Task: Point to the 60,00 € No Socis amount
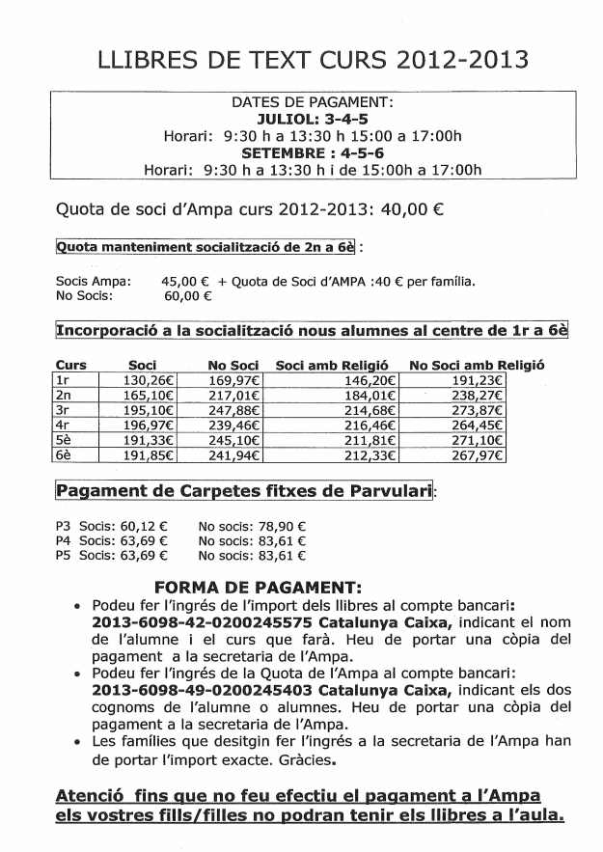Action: [x=186, y=297]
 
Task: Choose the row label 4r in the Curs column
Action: [x=64, y=426]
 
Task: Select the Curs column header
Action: [x=71, y=366]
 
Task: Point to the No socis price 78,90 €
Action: [x=281, y=527]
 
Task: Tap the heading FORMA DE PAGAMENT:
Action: [x=258, y=588]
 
